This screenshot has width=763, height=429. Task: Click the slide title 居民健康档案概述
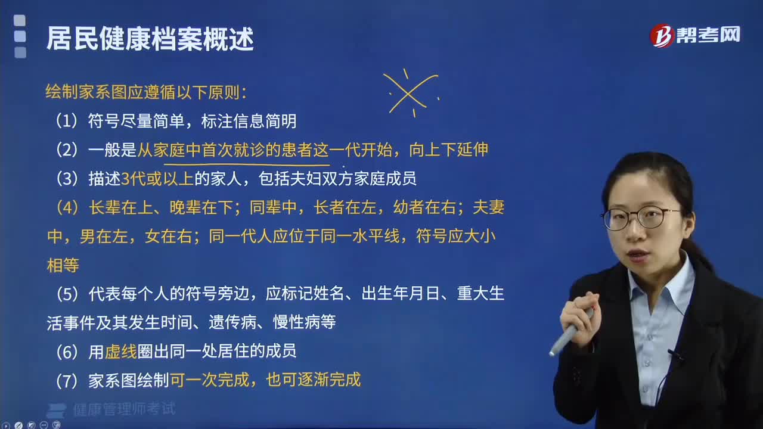150,39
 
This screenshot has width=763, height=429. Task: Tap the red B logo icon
662,35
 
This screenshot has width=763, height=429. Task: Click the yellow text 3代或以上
157,178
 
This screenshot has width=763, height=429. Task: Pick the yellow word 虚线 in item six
120,352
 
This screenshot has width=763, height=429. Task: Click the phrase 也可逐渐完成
313,380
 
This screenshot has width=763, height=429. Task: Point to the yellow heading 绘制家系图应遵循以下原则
142,92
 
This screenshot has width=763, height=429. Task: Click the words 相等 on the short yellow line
63,265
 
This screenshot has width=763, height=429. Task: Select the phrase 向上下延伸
449,150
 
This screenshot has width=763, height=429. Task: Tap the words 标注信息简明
249,121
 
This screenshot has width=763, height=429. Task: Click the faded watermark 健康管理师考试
125,409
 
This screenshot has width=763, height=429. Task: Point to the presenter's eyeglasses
640,217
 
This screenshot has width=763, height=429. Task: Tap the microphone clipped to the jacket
676,356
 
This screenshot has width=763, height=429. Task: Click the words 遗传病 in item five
232,322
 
